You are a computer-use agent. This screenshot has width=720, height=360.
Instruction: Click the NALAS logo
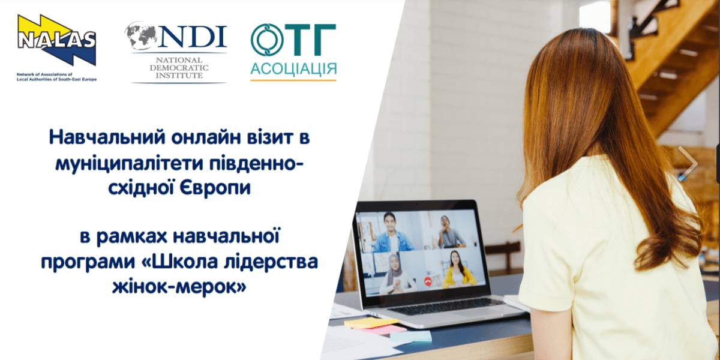(56, 40)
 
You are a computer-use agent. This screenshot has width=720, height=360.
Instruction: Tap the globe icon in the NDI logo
(141, 35)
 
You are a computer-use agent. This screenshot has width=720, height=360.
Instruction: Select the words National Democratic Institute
(179, 68)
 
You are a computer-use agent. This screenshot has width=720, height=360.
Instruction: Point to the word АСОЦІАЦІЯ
(293, 69)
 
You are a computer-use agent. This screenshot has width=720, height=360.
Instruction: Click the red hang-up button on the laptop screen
(427, 281)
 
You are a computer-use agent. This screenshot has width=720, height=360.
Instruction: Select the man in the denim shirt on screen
(392, 232)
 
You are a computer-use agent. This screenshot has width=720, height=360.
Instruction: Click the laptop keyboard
(447, 306)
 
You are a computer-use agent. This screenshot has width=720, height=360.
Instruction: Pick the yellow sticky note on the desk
(371, 322)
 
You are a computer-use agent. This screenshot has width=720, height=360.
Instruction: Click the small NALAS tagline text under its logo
(56, 77)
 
